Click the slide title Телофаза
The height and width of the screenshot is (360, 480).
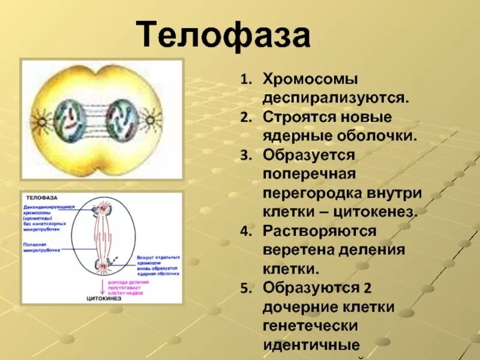[x=225, y=36]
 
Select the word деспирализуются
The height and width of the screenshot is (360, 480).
[x=335, y=97]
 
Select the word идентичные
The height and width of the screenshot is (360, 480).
[x=311, y=346]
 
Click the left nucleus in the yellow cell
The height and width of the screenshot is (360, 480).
[x=71, y=119]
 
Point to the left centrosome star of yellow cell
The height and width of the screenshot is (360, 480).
[x=41, y=122]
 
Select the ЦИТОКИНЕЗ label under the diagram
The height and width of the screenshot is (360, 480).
[x=103, y=297]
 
